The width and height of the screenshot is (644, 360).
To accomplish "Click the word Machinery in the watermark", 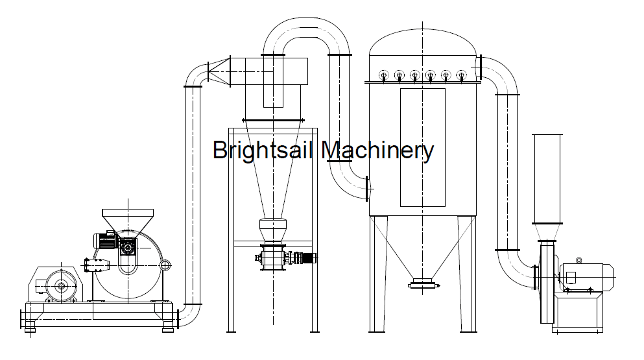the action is tap(377, 150).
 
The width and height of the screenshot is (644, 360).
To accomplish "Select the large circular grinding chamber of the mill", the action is tap(128, 267).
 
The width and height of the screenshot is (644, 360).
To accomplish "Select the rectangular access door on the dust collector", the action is tap(423, 147).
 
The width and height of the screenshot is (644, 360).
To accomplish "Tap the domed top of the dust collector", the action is tap(423, 41).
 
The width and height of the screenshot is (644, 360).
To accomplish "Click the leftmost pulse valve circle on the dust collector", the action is tap(383, 75).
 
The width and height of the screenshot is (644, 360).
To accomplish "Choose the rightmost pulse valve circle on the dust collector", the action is tap(462, 75).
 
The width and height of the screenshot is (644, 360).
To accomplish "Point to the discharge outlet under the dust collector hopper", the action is tap(423, 283).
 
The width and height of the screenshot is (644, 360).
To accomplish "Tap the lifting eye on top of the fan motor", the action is tap(578, 260).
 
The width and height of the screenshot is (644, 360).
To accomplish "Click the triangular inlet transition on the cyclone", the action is tap(219, 71).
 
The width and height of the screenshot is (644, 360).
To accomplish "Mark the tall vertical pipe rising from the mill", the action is tap(193, 195).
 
